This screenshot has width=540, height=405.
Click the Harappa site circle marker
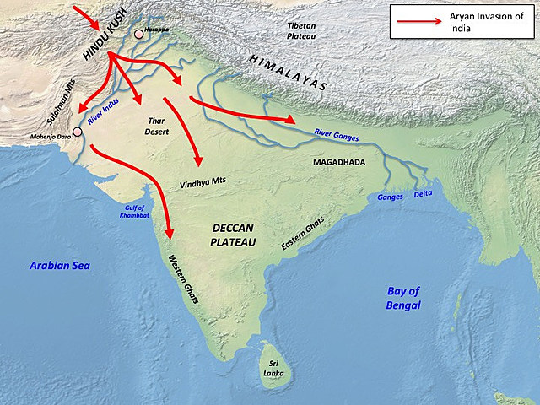click(x=138, y=35)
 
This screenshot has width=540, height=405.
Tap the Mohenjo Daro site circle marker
click(x=78, y=132)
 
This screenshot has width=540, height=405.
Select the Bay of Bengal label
click(x=403, y=298)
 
